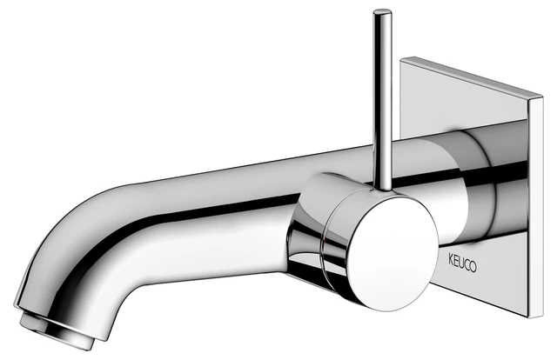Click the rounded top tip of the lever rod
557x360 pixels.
pyautogui.click(x=380, y=13)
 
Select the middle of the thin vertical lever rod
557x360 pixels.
pyautogui.click(x=381, y=96)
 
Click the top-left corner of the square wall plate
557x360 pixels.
pyautogui.click(x=403, y=59)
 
